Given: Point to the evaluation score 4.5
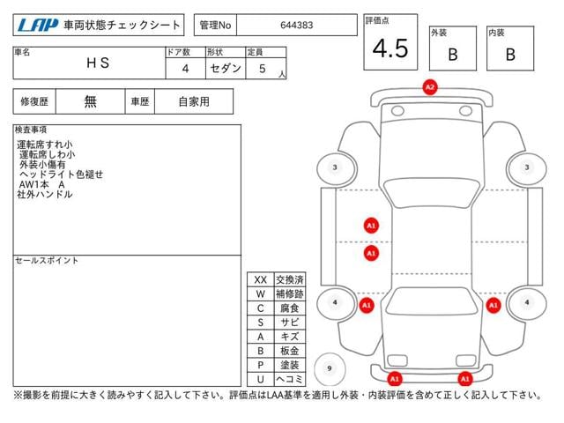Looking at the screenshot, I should click(x=390, y=49).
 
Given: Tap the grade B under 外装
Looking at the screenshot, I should click(x=452, y=54).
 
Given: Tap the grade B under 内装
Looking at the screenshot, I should click(x=510, y=54).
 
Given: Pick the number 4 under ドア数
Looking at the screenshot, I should click(x=184, y=67).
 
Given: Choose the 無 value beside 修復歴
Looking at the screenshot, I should click(x=91, y=101).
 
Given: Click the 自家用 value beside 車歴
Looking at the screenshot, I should click(x=194, y=101).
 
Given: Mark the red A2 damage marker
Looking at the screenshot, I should click(x=430, y=87).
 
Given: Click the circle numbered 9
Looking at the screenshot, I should click(x=330, y=368).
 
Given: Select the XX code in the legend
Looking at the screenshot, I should click(x=260, y=279).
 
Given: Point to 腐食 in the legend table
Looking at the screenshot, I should click(x=289, y=308).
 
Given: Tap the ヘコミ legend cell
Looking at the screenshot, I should click(x=289, y=378).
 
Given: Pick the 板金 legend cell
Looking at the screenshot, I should click(x=289, y=350).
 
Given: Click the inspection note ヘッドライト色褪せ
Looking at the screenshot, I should click(x=62, y=174).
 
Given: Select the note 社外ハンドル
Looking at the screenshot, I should click(x=44, y=194).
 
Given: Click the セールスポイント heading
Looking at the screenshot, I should click(x=47, y=261).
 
